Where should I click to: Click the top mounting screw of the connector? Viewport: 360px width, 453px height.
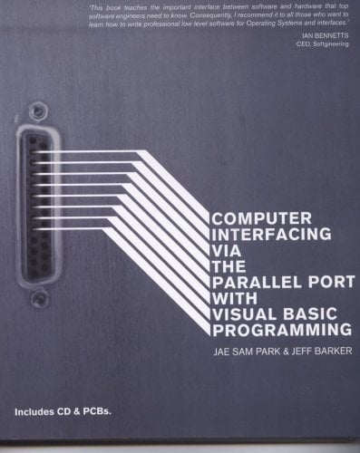click(37, 111)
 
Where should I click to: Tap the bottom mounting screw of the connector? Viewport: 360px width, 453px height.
click(40, 296)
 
